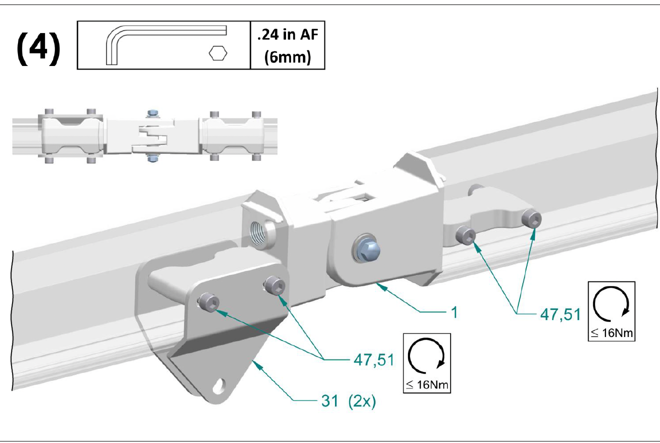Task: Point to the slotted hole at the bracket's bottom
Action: [x=219, y=385]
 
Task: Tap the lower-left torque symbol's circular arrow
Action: [x=426, y=355]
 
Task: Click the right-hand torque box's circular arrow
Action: [x=611, y=303]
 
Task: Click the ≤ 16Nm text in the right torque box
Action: [x=611, y=332]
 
